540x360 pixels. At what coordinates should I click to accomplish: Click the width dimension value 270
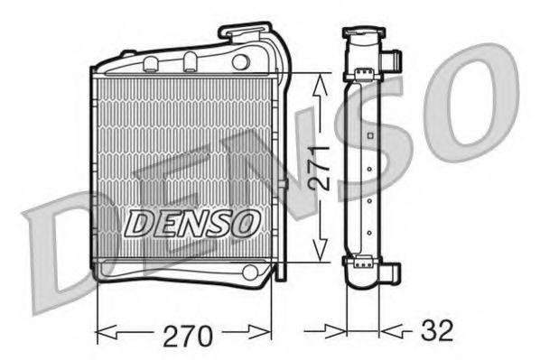(x=188, y=336)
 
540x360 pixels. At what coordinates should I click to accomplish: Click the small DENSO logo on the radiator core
(x=192, y=221)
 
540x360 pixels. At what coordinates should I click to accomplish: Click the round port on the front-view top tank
(x=240, y=61)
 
